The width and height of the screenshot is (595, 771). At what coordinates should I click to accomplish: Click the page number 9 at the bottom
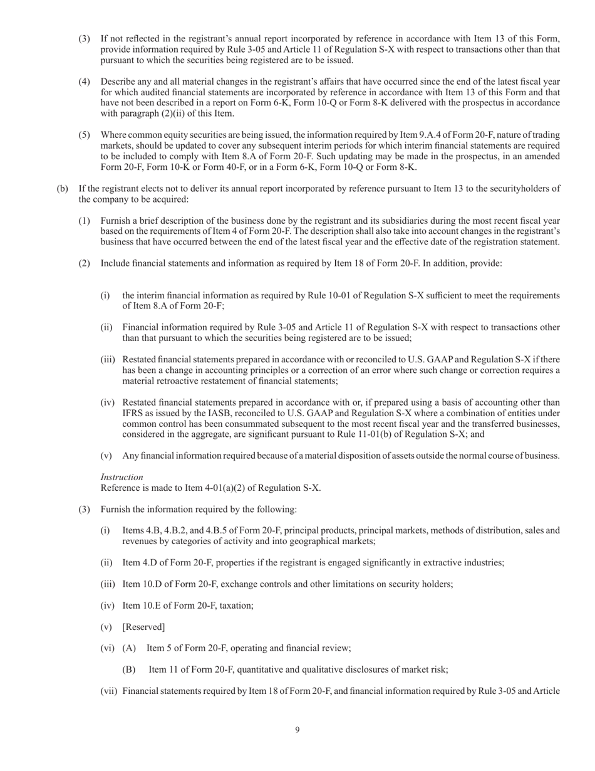tap(297, 730)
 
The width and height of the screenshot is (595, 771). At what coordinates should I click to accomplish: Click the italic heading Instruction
tap(122, 477)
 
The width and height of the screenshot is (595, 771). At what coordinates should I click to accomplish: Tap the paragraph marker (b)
tap(63, 188)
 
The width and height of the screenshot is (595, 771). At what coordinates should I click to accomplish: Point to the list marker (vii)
tap(109, 691)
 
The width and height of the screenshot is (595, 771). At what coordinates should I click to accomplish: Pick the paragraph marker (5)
tap(84, 135)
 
